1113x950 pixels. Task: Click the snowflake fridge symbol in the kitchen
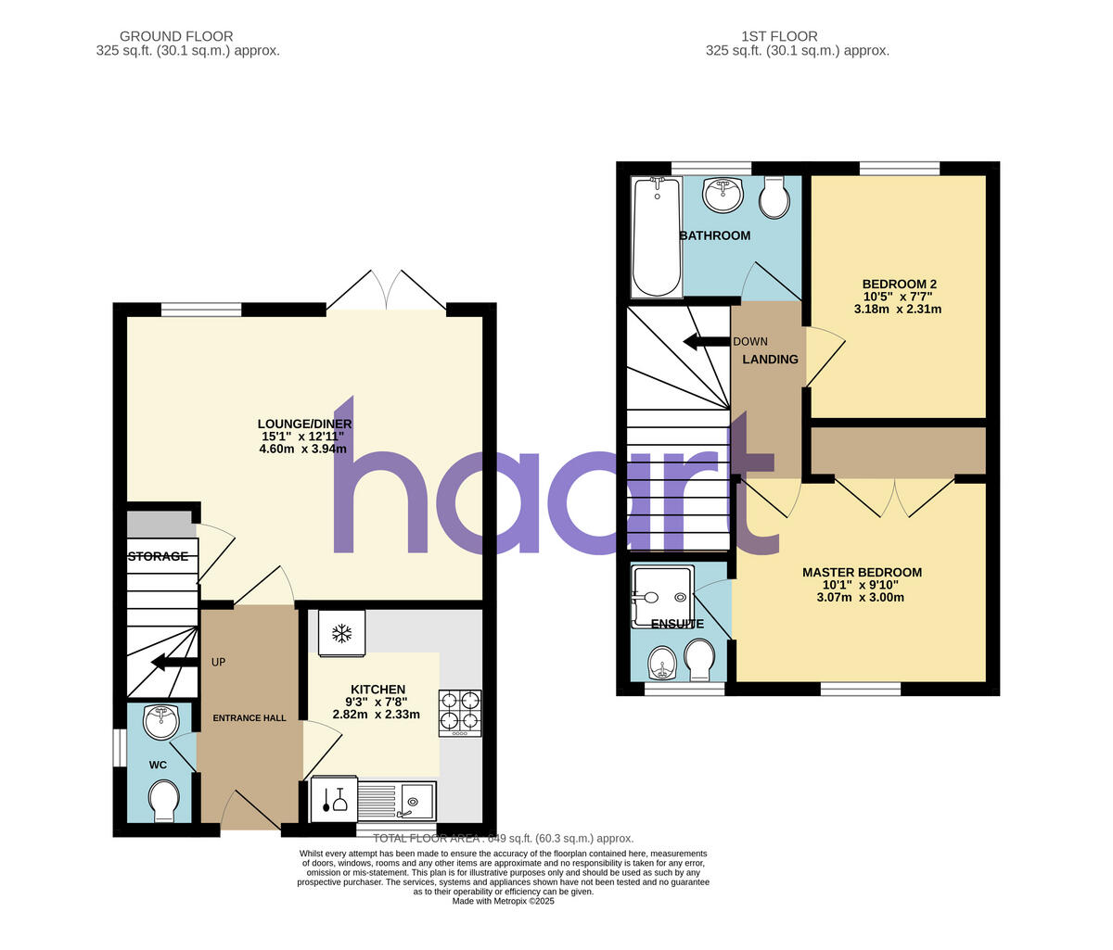(x=342, y=634)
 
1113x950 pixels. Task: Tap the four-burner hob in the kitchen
(x=460, y=712)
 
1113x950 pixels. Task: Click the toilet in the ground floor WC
(x=164, y=800)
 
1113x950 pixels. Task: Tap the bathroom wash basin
(x=723, y=194)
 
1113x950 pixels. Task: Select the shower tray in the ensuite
(x=661, y=589)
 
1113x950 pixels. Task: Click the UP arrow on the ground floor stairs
(x=174, y=662)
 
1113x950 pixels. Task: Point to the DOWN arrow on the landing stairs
(x=706, y=342)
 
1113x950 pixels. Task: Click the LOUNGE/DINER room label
(x=306, y=424)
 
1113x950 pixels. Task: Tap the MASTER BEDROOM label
(x=862, y=573)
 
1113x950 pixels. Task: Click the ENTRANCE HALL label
(x=249, y=718)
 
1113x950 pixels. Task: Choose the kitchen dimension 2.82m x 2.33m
(x=376, y=715)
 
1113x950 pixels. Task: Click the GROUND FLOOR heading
(x=188, y=37)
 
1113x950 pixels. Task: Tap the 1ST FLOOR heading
(x=779, y=37)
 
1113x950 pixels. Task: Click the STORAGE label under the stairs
(x=158, y=557)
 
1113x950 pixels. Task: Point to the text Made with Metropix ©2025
(x=503, y=901)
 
